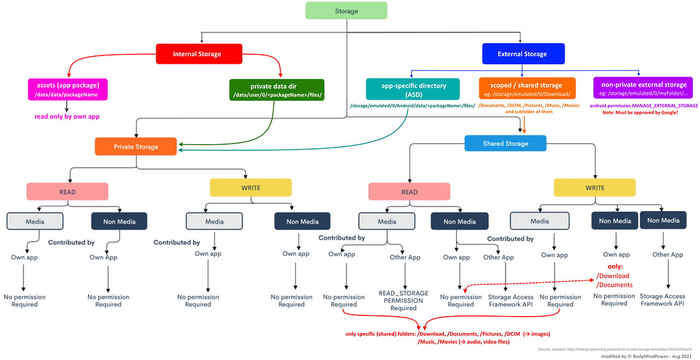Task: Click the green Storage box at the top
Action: pos(346,11)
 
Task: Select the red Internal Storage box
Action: pos(196,53)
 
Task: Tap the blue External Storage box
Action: pos(521,53)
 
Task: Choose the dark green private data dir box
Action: pos(278,89)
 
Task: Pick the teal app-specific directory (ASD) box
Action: pos(413,89)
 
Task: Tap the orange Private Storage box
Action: pos(136,146)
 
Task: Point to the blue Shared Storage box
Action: pos(505,143)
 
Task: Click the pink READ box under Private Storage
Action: pos(67,191)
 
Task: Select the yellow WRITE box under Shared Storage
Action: pos(594,187)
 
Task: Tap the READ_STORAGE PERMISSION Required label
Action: pos(403,300)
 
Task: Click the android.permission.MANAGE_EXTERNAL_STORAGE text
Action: pos(644,106)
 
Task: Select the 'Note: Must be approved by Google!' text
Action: pos(644,113)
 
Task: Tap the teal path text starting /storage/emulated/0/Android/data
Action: pos(412,106)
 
